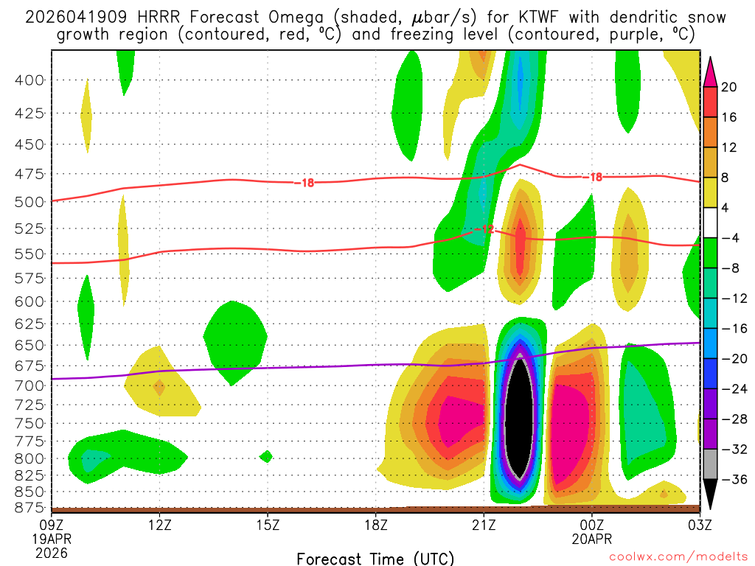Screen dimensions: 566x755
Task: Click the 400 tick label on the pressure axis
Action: [x=30, y=80]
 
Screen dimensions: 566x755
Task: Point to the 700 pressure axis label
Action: [x=30, y=385]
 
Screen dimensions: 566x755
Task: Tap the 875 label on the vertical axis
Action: [x=30, y=507]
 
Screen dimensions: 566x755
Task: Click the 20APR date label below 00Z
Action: [x=593, y=538]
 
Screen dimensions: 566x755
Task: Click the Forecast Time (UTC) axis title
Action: [x=375, y=558]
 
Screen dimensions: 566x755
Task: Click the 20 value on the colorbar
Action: [x=730, y=87]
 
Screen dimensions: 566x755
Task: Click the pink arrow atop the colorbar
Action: [x=710, y=71]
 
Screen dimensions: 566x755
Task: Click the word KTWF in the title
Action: [x=524, y=17]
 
